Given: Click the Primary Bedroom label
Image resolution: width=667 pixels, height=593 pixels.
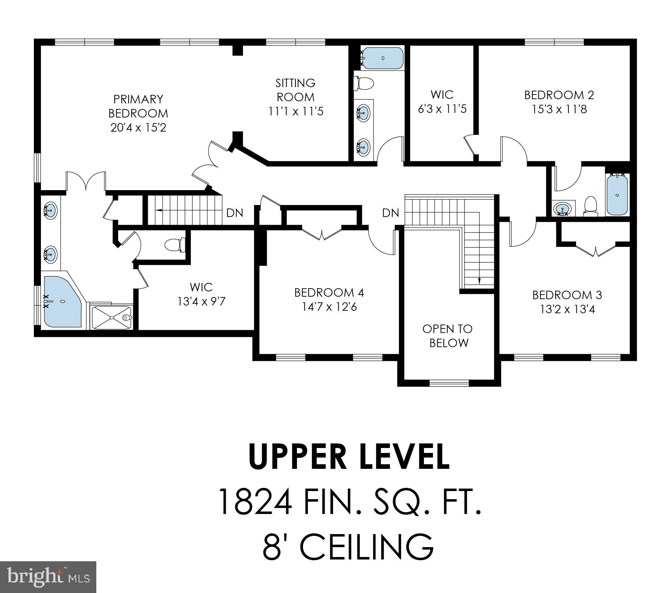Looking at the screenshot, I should (138, 106).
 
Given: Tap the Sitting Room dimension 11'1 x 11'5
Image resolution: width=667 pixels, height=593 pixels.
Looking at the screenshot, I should (296, 111).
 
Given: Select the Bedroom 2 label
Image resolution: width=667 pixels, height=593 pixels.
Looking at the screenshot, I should (559, 95).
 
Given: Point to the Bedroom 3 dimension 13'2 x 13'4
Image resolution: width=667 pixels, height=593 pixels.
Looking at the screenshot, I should (567, 309).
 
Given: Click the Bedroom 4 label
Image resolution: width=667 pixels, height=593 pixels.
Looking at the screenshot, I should (329, 292).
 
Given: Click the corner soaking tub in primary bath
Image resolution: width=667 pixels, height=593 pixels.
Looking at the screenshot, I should (62, 302).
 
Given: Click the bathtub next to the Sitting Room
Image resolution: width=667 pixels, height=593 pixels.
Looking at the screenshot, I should (383, 58).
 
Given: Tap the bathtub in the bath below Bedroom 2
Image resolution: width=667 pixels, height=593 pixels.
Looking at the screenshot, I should (617, 195).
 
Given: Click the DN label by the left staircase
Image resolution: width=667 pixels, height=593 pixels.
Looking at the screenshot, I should (235, 213).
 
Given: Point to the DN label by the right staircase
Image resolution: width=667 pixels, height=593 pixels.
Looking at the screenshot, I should (391, 213).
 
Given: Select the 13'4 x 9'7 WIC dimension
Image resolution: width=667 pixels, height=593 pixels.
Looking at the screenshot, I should (201, 302).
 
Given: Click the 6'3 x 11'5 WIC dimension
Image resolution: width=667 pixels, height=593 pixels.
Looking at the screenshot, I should (442, 109).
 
